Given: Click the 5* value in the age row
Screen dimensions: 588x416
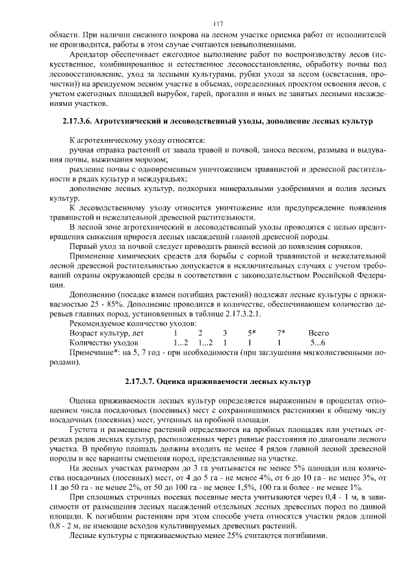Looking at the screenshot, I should [x=251, y=332].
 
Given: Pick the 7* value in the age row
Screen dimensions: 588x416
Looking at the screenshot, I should [x=280, y=332].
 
